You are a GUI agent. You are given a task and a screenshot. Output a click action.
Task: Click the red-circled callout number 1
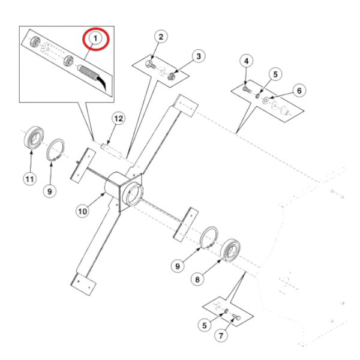(x=95, y=39)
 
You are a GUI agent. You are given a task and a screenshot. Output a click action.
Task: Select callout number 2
(x=161, y=37)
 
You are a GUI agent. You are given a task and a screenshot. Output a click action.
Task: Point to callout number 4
(x=245, y=59)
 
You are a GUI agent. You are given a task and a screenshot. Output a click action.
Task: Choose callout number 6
(x=298, y=90)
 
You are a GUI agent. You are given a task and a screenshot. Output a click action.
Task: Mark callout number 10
(x=82, y=209)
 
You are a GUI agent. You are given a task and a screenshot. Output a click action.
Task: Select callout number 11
(x=29, y=178)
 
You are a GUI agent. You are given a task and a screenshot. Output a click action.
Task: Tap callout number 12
(x=118, y=119)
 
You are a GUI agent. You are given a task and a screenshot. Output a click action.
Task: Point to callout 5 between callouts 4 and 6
(x=275, y=74)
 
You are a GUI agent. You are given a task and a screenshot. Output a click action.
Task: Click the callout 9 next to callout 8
(x=178, y=265)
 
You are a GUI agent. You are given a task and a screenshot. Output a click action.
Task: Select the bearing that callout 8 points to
(x=230, y=251)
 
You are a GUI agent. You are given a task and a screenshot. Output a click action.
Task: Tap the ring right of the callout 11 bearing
(x=56, y=148)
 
